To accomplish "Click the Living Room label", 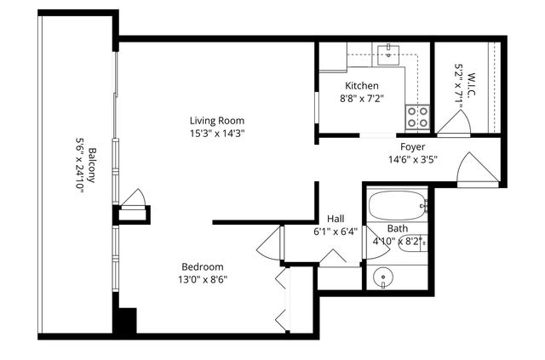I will point(217,120).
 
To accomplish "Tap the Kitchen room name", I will point(362,86).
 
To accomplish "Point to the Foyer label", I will point(412,146).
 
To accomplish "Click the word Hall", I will point(335,218).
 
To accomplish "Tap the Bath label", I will point(397,228).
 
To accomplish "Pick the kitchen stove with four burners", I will point(416,117).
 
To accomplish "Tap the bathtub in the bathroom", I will point(396,204).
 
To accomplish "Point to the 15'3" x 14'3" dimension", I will point(217,133).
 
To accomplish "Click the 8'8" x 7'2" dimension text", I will point(362,98).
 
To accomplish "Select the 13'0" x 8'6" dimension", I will point(202,278).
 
